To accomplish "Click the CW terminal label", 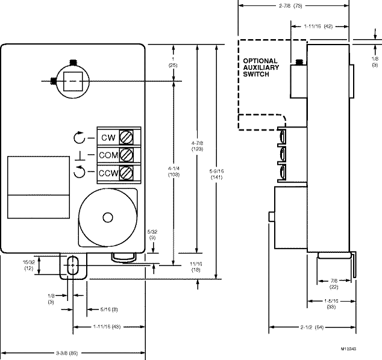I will (x=108, y=138).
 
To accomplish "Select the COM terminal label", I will (x=108, y=155).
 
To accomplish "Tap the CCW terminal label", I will (x=108, y=173).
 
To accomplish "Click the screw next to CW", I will (x=127, y=137).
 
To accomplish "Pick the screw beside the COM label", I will (x=127, y=155).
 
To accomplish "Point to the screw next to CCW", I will (x=127, y=173).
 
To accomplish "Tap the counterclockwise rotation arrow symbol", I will (x=80, y=174).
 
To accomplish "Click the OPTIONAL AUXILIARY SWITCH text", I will (x=261, y=67).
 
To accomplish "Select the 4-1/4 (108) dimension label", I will (x=174, y=175).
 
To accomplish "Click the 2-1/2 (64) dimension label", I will (x=310, y=328).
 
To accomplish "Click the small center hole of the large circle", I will (x=108, y=217).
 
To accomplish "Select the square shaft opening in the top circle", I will (x=72, y=80).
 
